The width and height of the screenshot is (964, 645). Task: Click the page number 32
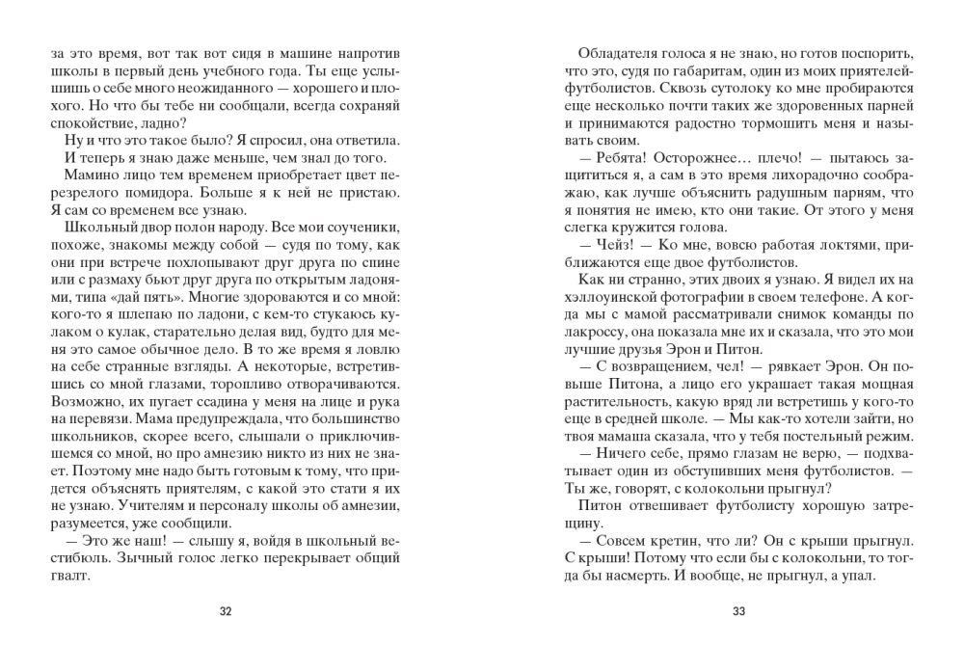tap(226, 610)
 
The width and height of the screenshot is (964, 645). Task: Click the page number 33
tap(739, 610)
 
